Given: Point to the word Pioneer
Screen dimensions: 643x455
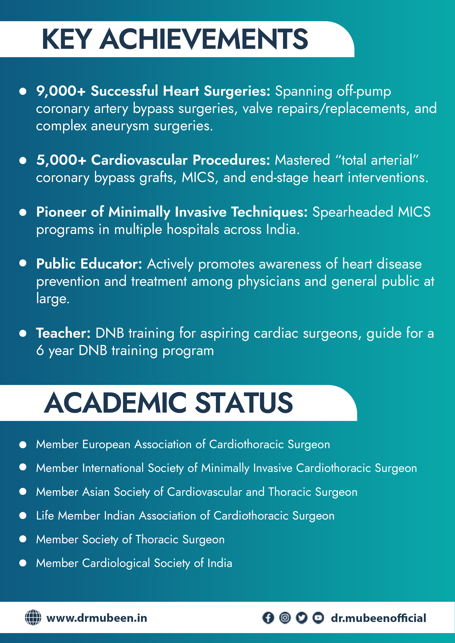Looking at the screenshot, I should click(61, 212).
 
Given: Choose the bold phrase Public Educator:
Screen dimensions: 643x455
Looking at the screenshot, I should click(89, 264).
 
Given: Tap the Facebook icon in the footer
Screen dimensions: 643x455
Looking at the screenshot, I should click(268, 618).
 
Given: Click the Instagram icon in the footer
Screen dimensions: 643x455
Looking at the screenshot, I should click(285, 618).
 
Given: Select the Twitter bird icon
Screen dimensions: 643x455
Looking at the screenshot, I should click(302, 618).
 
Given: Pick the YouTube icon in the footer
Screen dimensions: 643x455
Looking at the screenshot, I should click(318, 618).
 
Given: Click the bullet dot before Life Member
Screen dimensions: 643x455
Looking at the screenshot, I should click(23, 516).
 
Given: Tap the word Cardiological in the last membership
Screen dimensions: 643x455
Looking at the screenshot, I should click(116, 563).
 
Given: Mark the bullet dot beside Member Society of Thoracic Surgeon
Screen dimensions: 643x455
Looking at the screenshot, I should click(23, 539).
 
